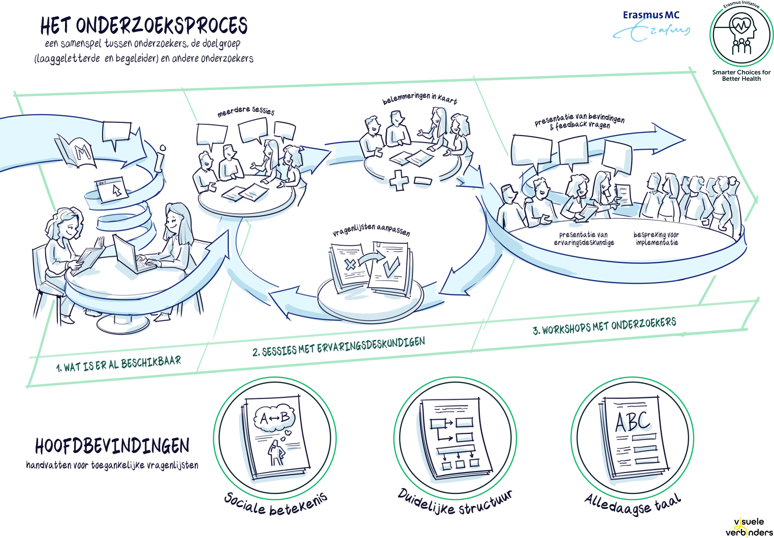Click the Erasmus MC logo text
(x=651, y=15)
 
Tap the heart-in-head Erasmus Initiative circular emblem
(x=741, y=35)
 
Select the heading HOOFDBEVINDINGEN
(x=112, y=446)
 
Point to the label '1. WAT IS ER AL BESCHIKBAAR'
(x=118, y=363)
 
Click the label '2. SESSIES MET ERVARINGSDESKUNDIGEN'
(x=338, y=346)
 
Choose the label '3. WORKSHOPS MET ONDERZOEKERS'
(x=604, y=326)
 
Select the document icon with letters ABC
(x=633, y=438)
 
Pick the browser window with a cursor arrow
(x=112, y=189)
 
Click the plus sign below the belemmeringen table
(x=399, y=180)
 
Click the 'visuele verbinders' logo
(x=749, y=527)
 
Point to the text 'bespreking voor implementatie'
(x=656, y=239)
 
